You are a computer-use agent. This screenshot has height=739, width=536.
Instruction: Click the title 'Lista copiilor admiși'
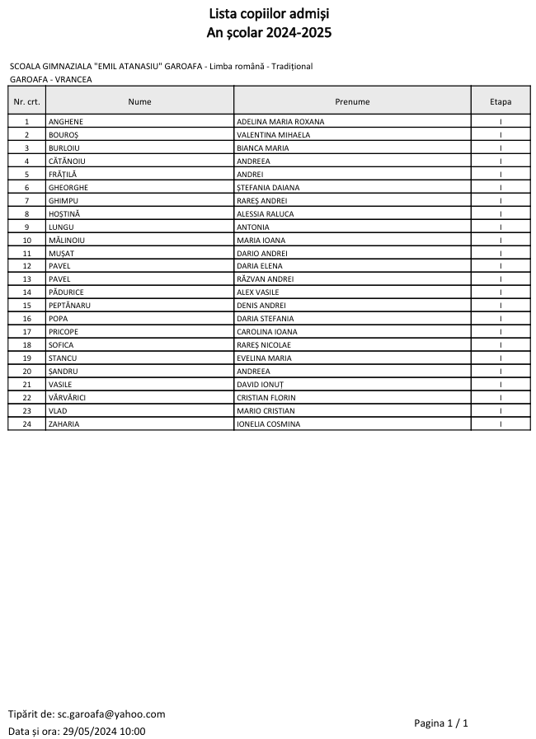tap(267, 14)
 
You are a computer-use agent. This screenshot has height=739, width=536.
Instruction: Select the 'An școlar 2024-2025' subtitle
tap(267, 32)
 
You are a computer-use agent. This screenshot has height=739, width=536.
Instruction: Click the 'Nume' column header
tap(139, 101)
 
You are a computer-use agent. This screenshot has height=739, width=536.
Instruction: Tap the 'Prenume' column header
tap(352, 101)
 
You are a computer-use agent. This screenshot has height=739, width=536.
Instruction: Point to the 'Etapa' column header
tap(501, 101)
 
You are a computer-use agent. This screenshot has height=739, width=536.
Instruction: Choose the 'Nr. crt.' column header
tap(26, 101)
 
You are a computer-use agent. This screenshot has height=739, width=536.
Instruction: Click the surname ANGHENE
tap(66, 122)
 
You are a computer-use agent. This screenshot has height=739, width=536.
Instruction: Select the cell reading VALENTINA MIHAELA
tap(273, 135)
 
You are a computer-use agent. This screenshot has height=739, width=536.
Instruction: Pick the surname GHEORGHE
tap(68, 188)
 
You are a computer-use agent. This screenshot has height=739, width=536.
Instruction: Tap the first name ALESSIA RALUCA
tap(264, 214)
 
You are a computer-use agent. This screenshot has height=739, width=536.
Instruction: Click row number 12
tap(26, 266)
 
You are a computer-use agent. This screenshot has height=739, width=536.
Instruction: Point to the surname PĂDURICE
tap(66, 292)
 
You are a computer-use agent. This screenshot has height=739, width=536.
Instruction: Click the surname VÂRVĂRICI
tap(68, 398)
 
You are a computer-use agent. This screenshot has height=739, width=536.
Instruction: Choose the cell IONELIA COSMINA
tap(268, 424)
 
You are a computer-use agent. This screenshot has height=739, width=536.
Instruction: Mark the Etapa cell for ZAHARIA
tap(501, 424)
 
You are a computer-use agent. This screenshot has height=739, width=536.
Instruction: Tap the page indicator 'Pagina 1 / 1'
tap(441, 723)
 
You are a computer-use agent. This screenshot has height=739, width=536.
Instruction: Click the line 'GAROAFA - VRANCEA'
tap(50, 79)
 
